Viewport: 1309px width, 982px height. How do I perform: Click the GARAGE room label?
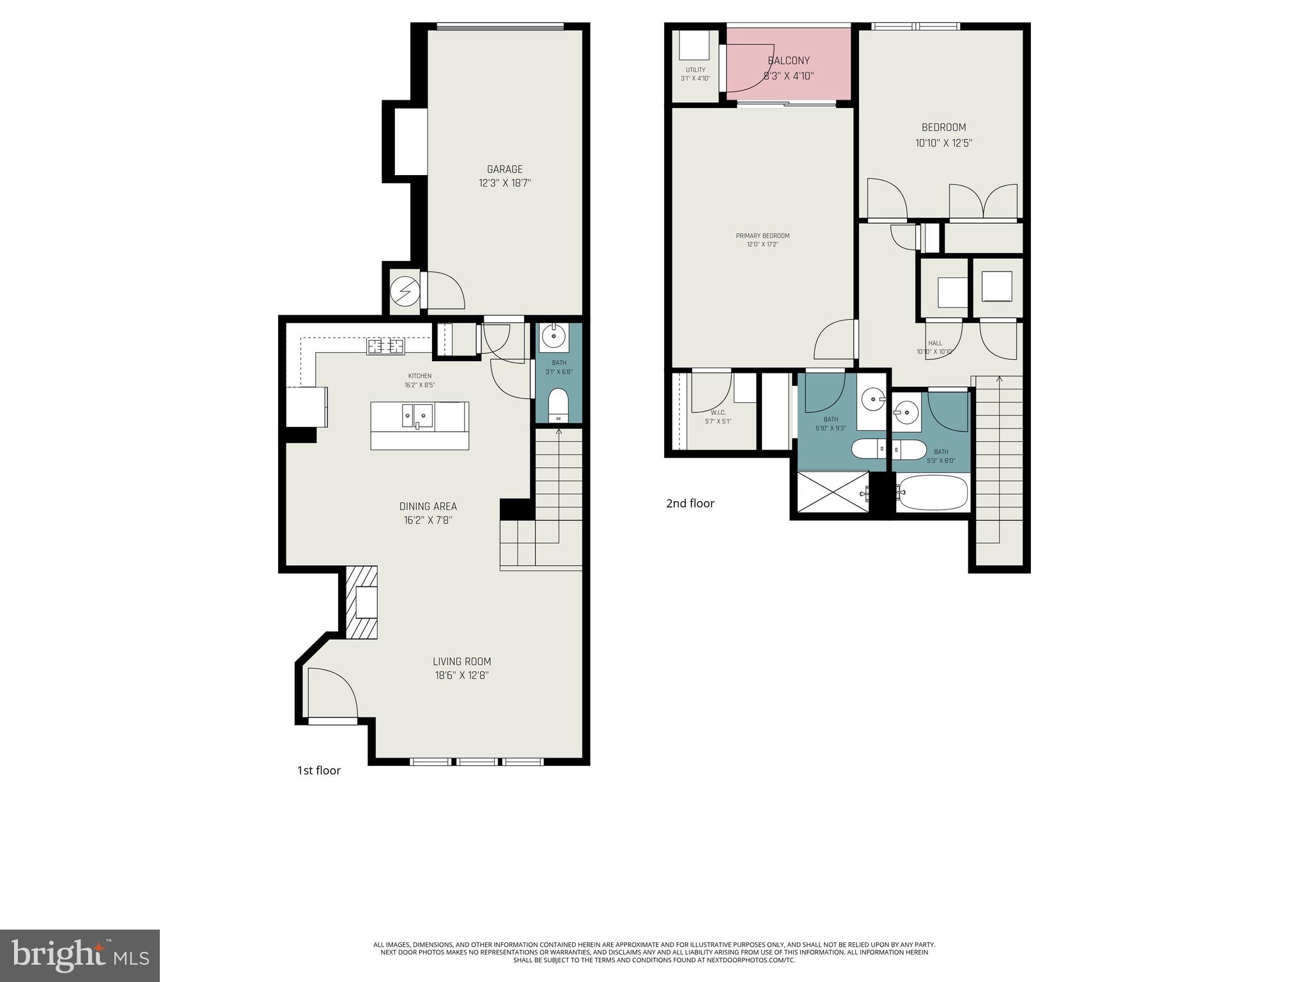pos(504,169)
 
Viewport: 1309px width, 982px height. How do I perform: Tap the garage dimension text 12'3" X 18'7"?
pos(504,183)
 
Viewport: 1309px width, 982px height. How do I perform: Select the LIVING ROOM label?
pos(461,662)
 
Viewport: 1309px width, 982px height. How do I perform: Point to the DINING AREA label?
pos(428,506)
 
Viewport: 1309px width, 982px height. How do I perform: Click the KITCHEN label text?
pos(420,376)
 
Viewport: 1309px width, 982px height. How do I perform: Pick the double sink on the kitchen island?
pos(417,416)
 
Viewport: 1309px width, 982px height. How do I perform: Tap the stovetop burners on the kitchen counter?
pos(385,347)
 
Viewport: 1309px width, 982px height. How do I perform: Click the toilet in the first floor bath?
pos(559,405)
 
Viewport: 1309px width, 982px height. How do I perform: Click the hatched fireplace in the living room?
pos(362,602)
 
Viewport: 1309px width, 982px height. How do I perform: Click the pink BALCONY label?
pos(789,61)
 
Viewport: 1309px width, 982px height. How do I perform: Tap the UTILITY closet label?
pos(695,70)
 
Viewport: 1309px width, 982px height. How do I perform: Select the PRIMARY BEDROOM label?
pos(763,236)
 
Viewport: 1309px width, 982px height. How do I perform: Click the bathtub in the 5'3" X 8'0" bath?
pos(932,492)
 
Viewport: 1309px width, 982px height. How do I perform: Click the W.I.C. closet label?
pos(718,413)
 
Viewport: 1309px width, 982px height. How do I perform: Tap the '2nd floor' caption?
pos(690,504)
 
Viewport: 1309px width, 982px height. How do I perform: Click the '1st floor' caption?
pos(319,771)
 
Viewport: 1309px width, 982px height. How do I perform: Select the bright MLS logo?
pos(80,956)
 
